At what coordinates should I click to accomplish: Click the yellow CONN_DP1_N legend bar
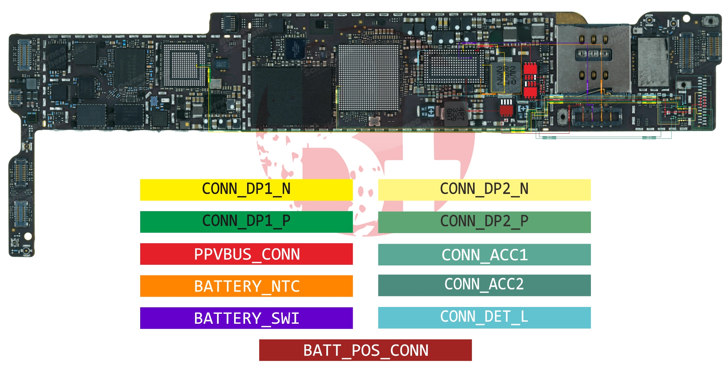click(246, 190)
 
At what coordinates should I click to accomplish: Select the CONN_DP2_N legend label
click(484, 190)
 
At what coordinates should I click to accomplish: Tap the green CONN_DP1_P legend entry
click(246, 222)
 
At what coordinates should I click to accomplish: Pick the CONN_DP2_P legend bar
click(484, 222)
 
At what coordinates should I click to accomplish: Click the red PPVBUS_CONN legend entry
click(246, 254)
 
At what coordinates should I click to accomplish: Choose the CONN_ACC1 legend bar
click(484, 254)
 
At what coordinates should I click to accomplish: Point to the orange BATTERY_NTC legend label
click(246, 286)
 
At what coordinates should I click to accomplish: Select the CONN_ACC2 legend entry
click(484, 285)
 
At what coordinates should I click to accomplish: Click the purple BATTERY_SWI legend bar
click(246, 318)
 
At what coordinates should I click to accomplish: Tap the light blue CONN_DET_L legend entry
click(484, 318)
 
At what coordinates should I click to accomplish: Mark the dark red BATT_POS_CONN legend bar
click(365, 350)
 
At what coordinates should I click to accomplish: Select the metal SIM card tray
click(593, 58)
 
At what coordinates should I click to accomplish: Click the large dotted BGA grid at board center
click(368, 77)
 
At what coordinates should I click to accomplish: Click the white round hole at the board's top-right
click(686, 18)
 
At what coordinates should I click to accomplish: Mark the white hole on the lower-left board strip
click(28, 236)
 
